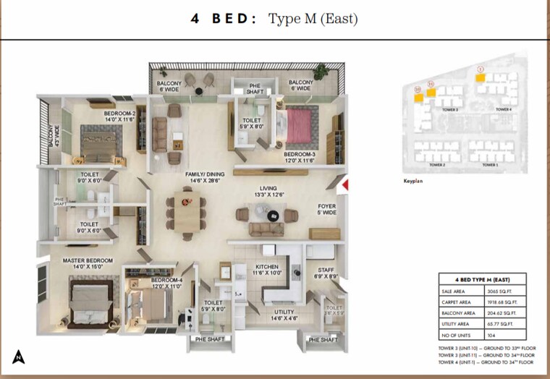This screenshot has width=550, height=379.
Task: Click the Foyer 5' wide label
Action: pos(327,210)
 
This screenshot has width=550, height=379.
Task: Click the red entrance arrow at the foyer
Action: pos(345,185)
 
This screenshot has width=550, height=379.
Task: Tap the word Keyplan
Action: pos(412,182)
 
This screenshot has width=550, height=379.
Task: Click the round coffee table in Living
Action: pos(272,215)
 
